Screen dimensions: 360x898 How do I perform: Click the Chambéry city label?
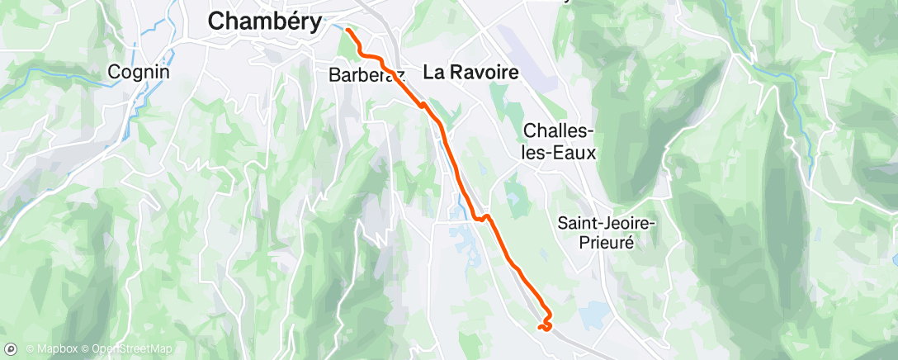(x=264, y=21)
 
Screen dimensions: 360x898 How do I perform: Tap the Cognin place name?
(x=139, y=72)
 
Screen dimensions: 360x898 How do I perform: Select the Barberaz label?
(x=364, y=74)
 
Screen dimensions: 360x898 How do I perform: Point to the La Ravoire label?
(x=470, y=73)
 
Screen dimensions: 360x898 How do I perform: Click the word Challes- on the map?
(x=560, y=132)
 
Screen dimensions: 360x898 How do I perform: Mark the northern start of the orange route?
(x=347, y=31)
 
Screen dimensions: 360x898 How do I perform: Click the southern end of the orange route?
(x=539, y=328)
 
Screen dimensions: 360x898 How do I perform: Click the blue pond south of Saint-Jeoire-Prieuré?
(x=592, y=315)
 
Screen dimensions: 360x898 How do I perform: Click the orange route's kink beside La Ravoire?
(x=423, y=105)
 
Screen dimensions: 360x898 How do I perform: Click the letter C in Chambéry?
(x=216, y=21)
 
